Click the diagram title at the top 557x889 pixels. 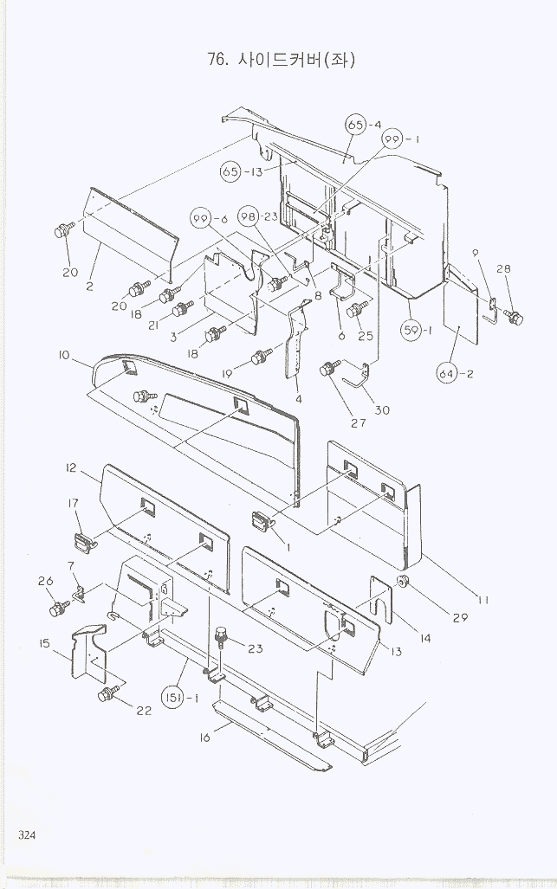pyautogui.click(x=282, y=59)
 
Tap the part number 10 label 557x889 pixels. pyautogui.click(x=64, y=355)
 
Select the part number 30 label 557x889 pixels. pyautogui.click(x=382, y=409)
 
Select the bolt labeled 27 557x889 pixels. pyautogui.click(x=329, y=370)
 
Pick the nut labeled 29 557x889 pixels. pyautogui.click(x=403, y=579)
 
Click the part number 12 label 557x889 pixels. pyautogui.click(x=71, y=467)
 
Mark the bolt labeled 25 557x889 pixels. pyautogui.click(x=356, y=310)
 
